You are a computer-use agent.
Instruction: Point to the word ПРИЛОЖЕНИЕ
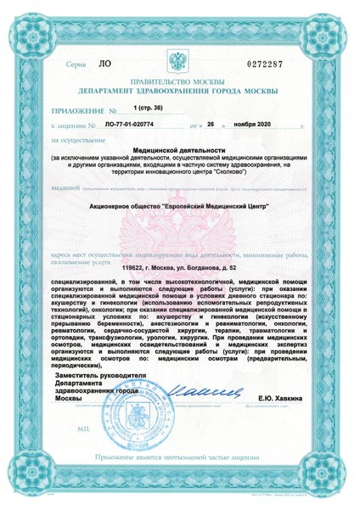[79, 110]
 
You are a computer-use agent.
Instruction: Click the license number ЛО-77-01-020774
[128, 125]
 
